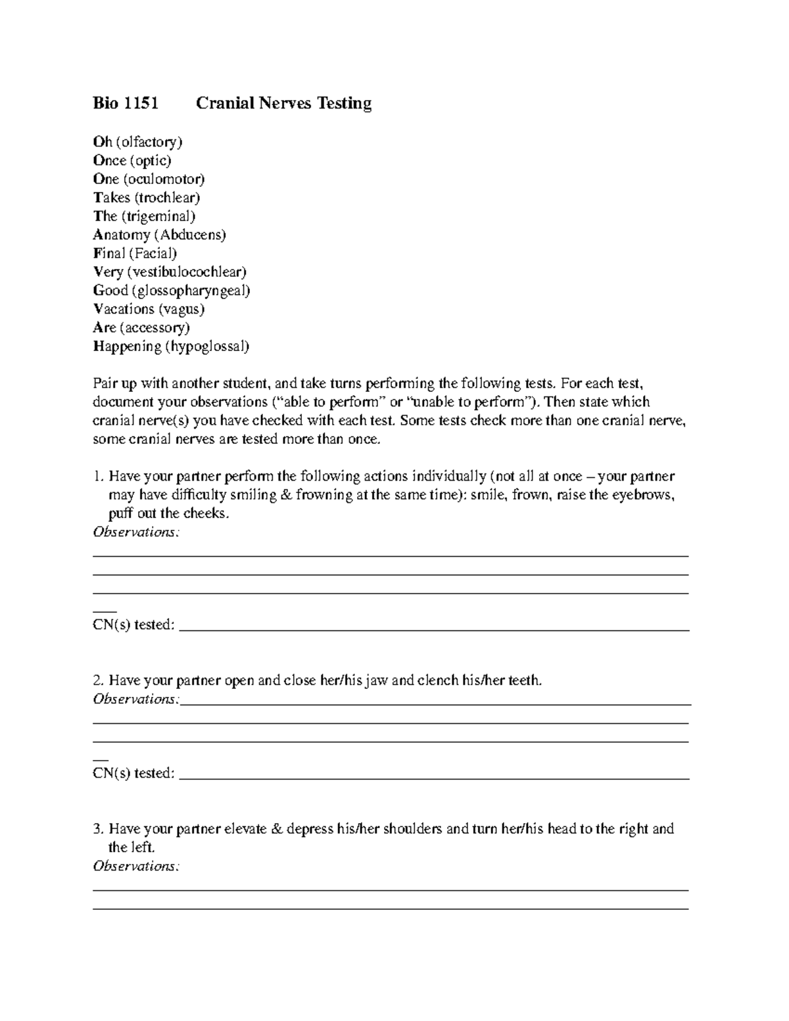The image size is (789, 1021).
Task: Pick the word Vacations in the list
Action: point(124,309)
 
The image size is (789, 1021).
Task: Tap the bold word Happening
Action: point(127,346)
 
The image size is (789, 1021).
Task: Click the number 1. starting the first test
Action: point(99,476)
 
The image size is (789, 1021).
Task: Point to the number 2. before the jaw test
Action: point(99,680)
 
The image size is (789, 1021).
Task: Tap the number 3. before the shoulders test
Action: point(99,829)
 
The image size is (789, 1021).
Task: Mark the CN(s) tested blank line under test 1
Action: point(434,629)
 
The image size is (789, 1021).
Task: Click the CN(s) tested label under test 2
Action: point(134,774)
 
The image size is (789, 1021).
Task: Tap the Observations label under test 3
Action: point(135,867)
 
